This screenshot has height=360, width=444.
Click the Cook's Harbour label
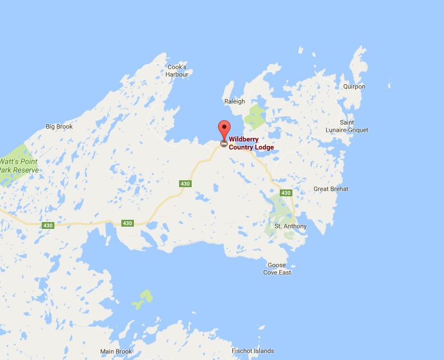[177, 71]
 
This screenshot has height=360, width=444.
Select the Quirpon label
[354, 86]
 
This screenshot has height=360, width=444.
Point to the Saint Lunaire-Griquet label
[355, 126]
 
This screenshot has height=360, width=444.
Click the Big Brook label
[60, 126]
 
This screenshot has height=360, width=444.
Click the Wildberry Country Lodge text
[251, 143]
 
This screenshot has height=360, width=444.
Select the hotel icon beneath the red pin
[224, 143]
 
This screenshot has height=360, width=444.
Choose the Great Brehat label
[331, 189]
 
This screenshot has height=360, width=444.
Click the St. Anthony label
[291, 226]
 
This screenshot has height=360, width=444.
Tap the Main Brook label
[116, 351]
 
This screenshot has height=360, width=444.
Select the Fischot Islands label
[252, 351]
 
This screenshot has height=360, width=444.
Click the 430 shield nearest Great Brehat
[286, 193]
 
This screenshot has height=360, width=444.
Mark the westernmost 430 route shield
[47, 226]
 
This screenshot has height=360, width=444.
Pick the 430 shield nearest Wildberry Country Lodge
[185, 184]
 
